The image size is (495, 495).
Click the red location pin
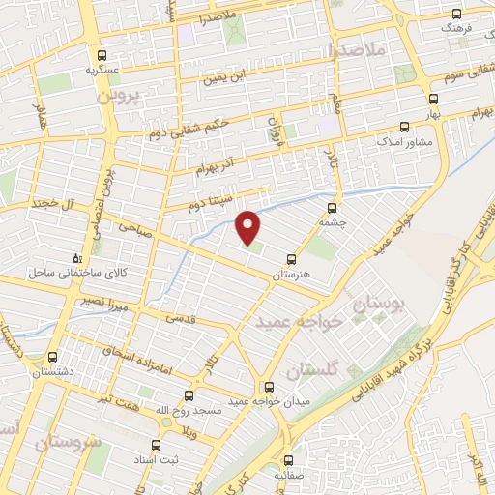coord(249,226)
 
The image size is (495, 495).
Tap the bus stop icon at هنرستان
coord(291,259)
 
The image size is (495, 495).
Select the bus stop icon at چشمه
coord(333,207)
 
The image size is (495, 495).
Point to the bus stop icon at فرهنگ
coord(458,15)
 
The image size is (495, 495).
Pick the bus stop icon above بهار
coord(432,99)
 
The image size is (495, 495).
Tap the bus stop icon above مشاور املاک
coord(404,127)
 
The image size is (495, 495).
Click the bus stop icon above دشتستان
coord(54,356)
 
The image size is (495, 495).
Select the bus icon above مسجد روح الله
coord(189,394)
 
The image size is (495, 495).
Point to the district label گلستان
coord(311,370)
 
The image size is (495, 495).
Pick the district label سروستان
coord(68,442)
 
